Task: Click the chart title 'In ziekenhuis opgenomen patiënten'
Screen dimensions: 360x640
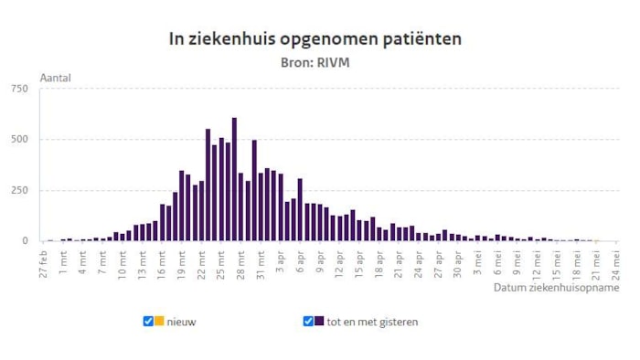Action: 315,38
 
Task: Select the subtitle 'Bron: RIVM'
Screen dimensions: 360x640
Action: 315,62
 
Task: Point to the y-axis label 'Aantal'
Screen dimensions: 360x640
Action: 54,78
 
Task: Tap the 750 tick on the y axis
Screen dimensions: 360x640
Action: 19,89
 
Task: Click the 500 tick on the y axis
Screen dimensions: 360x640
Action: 19,140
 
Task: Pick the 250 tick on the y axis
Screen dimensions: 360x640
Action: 19,190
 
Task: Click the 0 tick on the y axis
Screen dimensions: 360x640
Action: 26,241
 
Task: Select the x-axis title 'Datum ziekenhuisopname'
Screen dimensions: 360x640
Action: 556,287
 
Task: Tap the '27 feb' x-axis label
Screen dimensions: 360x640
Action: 44,261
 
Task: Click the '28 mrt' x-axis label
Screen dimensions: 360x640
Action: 241,261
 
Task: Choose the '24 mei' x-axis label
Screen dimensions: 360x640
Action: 618,261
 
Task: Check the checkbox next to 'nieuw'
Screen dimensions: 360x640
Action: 148,322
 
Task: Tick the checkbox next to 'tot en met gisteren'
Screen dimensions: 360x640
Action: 308,322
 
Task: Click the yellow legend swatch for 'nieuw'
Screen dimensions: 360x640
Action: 159,322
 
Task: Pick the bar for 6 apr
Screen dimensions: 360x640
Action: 300,210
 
